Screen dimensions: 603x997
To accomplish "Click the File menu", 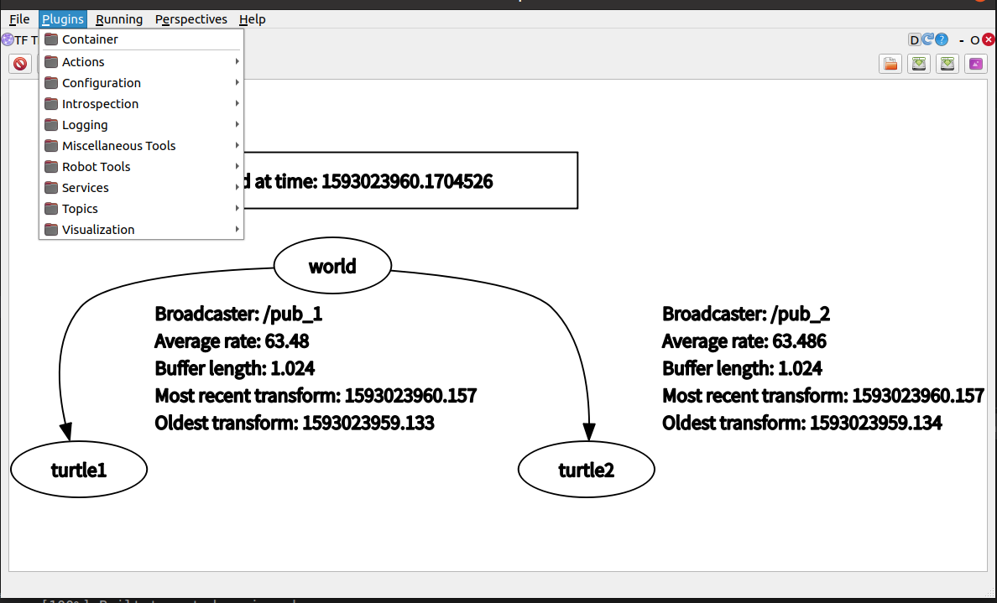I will click(19, 19).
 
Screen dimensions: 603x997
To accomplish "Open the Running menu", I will click(119, 19).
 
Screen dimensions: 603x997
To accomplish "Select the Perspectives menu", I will click(191, 19).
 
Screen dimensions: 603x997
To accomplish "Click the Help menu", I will click(252, 19).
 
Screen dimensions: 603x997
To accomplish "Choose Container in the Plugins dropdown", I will click(90, 39).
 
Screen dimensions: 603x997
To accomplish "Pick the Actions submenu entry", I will click(83, 62).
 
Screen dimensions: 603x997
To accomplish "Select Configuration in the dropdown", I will click(101, 83).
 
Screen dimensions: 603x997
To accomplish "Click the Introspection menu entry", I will click(100, 104).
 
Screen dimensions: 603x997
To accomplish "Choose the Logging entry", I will click(85, 125).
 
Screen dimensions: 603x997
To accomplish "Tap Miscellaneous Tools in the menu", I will click(118, 146).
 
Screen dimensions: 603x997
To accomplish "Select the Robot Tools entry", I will click(96, 167).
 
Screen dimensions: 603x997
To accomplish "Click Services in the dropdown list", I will click(85, 188).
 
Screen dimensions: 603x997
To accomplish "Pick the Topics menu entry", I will click(80, 209).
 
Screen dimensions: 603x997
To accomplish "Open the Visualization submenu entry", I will click(97, 230).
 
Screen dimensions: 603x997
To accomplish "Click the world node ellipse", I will click(332, 267).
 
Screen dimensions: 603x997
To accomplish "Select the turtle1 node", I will click(79, 470).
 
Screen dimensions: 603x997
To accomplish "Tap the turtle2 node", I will click(586, 470).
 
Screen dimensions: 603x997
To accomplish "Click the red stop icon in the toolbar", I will click(20, 64).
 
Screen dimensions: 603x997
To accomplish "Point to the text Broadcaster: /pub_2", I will click(745, 314).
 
